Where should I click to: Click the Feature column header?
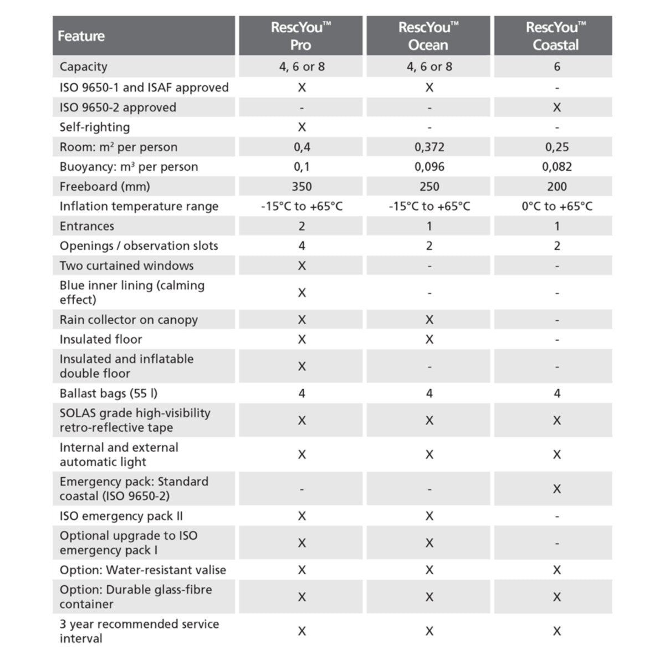81,36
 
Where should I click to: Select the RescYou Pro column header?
301,36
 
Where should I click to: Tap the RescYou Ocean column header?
428,36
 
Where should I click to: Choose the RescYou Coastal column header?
556,36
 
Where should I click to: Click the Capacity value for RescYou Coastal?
557,66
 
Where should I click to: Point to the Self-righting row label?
95,127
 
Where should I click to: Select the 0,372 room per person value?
429,147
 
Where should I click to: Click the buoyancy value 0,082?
557,167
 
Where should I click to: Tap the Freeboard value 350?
301,187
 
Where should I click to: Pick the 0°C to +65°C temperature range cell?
557,206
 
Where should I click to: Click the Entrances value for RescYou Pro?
301,226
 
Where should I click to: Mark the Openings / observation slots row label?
139,245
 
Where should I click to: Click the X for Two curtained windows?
301,265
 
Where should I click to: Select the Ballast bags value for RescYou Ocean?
429,393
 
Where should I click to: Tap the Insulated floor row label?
101,339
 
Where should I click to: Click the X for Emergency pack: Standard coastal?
557,489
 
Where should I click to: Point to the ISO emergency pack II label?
121,516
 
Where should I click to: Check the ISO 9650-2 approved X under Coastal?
557,108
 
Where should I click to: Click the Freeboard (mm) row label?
105,187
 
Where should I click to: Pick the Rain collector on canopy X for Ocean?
429,320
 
